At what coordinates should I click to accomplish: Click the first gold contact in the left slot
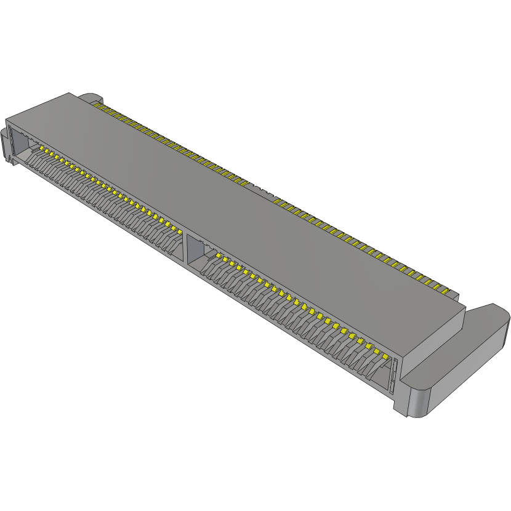tap(42, 148)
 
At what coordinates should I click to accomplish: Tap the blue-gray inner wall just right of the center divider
tap(195, 249)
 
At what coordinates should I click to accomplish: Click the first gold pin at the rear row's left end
tap(97, 105)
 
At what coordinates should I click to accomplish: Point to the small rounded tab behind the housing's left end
tap(90, 97)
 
